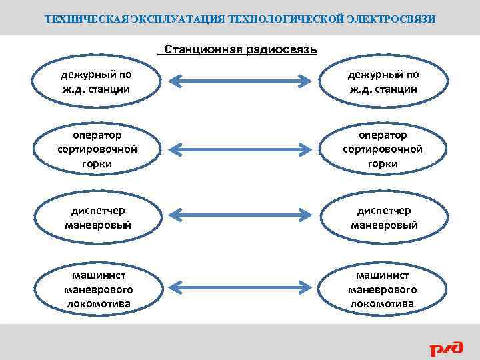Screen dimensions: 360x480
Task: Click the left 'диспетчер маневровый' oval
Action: [x=98, y=218]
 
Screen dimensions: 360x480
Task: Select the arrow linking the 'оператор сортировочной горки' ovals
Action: [x=241, y=149]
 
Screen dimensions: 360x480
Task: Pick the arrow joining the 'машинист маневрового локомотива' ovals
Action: [x=241, y=286]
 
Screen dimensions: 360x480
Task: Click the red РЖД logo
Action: [x=444, y=347]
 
